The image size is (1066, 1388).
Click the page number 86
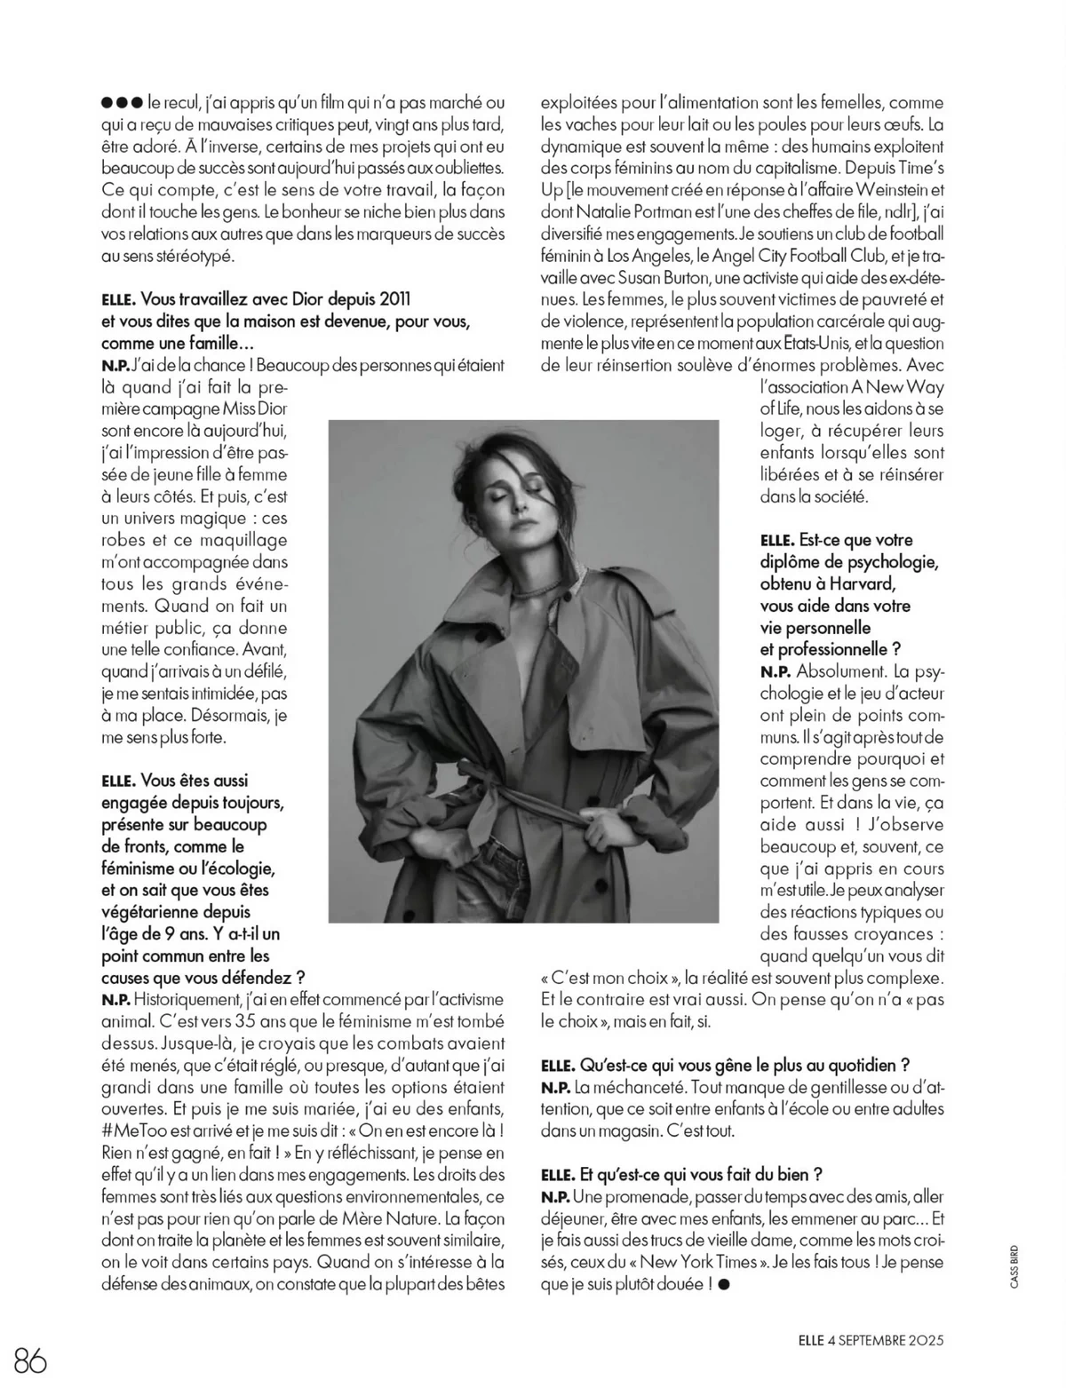31,1359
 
